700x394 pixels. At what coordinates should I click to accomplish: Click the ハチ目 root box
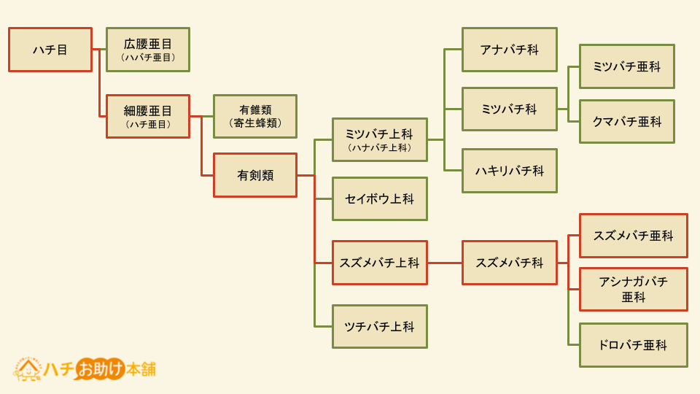[x=50, y=50]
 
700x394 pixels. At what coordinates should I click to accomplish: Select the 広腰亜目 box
[x=148, y=50]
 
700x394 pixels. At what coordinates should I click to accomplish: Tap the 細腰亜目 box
[x=148, y=116]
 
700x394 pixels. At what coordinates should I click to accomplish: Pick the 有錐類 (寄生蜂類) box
[x=255, y=116]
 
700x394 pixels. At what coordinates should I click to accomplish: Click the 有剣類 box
[x=255, y=175]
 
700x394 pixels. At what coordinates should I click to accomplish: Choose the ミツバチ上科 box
[x=379, y=139]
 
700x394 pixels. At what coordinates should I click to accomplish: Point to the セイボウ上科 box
[x=379, y=198]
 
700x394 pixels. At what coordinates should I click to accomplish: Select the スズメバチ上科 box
[x=379, y=263]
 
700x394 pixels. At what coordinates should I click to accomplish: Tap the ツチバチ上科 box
[x=379, y=326]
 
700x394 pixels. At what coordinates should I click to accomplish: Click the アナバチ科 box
[x=509, y=50]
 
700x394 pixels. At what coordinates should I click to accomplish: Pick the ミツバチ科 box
[x=509, y=109]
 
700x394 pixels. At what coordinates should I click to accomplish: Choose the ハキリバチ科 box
[x=509, y=171]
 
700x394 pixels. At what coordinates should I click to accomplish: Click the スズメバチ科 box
[x=509, y=263]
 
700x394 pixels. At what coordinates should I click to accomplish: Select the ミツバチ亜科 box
[x=626, y=66]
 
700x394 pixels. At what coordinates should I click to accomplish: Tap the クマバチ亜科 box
[x=626, y=121]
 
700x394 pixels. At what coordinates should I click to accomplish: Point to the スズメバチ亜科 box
[x=633, y=236]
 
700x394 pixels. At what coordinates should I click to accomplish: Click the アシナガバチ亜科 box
[x=633, y=289]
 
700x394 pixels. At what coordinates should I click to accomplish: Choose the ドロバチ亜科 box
[x=633, y=345]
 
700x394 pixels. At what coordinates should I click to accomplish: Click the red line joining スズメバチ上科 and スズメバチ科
[x=445, y=263]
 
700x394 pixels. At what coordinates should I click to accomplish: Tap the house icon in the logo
[x=28, y=368]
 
